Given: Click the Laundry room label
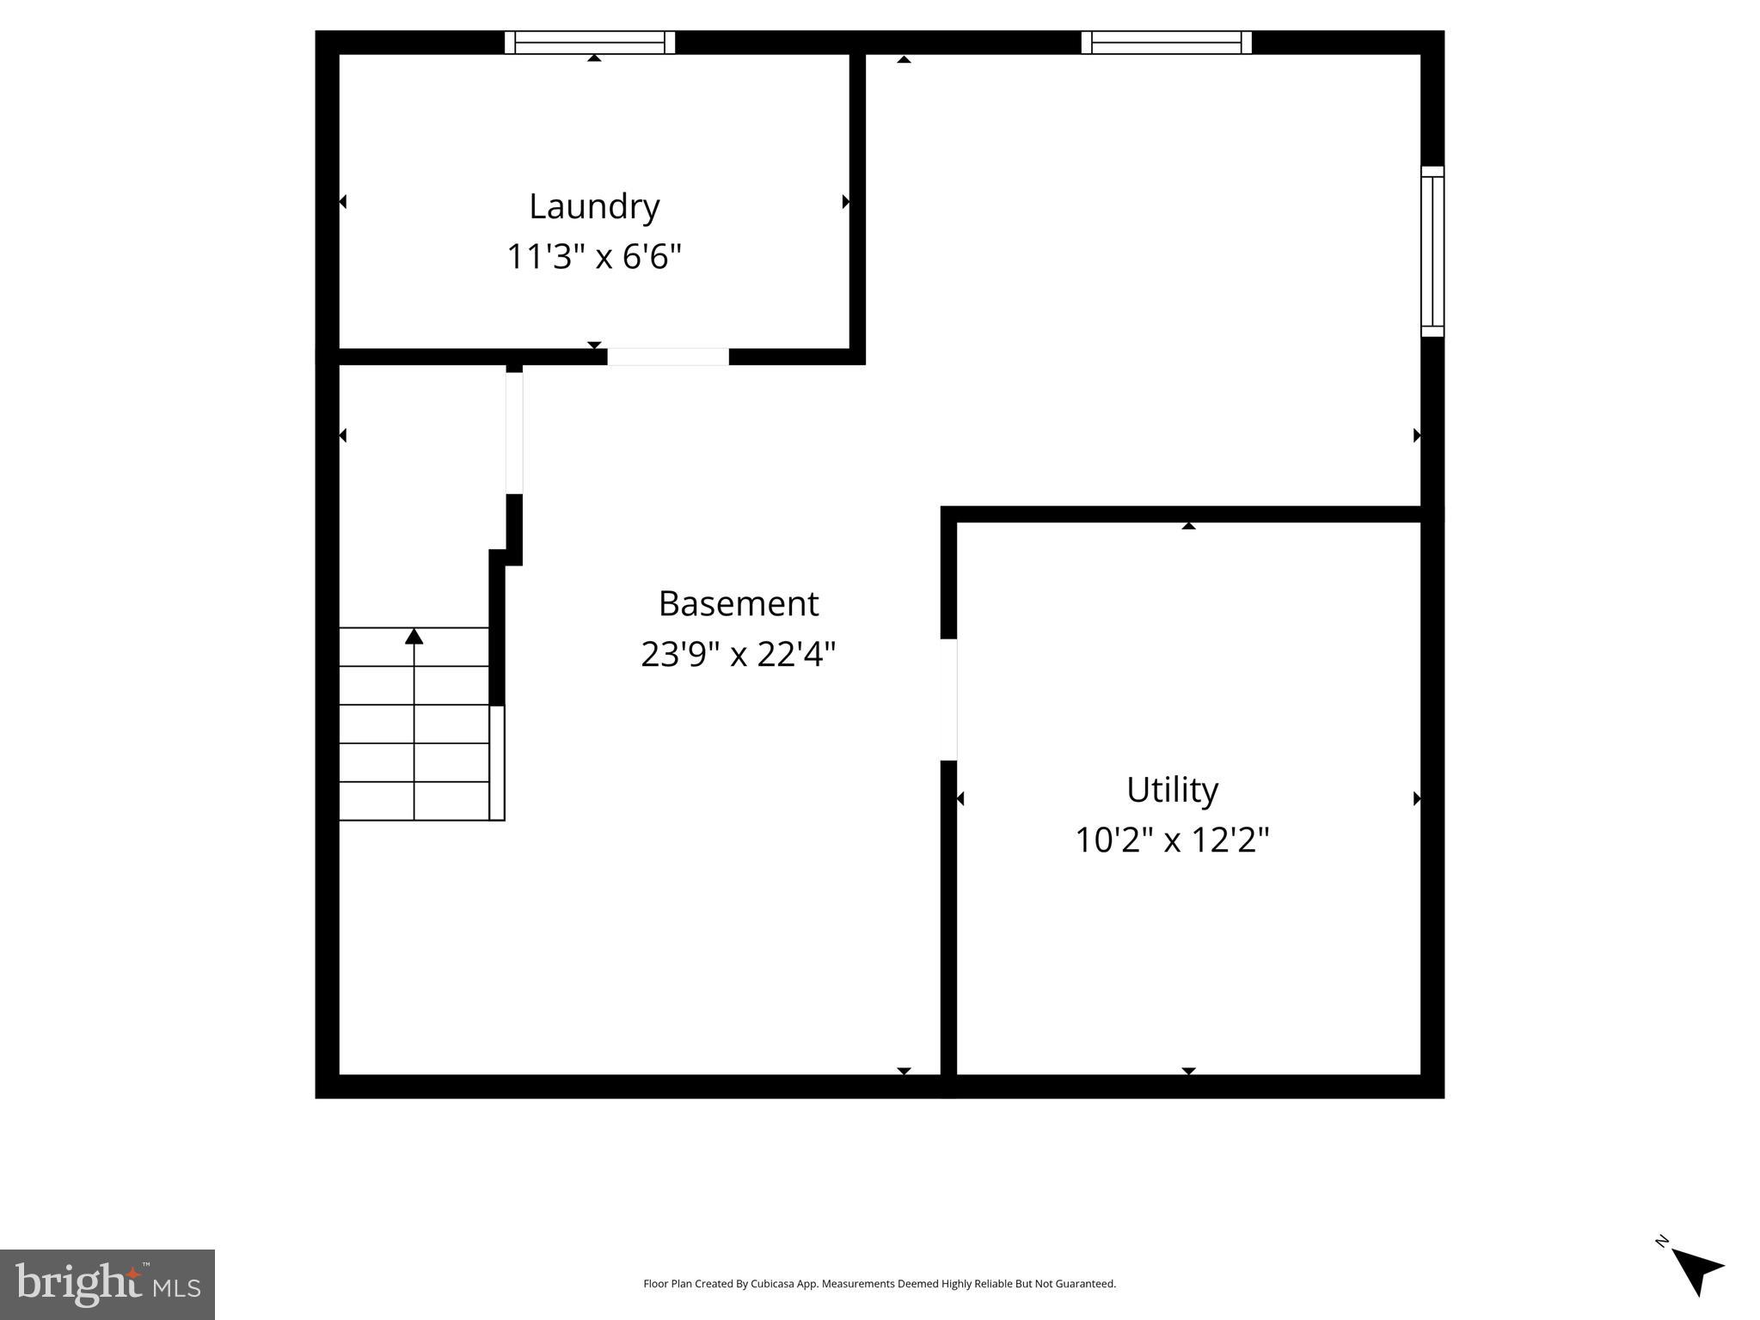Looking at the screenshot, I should [x=594, y=206].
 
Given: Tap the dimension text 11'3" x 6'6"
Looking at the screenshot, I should [x=594, y=257].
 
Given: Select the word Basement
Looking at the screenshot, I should [x=738, y=603].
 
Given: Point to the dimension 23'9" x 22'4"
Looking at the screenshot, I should [x=738, y=655].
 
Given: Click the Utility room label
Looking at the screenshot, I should [x=1172, y=790].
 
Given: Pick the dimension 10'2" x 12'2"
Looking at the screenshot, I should [x=1172, y=840].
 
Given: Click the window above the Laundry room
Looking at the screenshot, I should [x=590, y=42].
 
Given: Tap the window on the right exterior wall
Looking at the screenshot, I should [x=1432, y=251].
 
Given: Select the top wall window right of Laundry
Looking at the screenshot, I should [x=1166, y=42].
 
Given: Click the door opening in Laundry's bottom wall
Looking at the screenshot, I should [x=668, y=357].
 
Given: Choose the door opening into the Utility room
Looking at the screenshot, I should [x=949, y=700].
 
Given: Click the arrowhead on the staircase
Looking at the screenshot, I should [x=414, y=637].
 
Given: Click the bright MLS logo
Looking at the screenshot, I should [x=107, y=1284].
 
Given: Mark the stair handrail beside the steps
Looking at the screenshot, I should [x=497, y=763].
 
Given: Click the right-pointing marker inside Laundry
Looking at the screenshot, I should [x=845, y=202].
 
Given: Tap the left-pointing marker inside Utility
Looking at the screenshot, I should [x=960, y=799].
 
